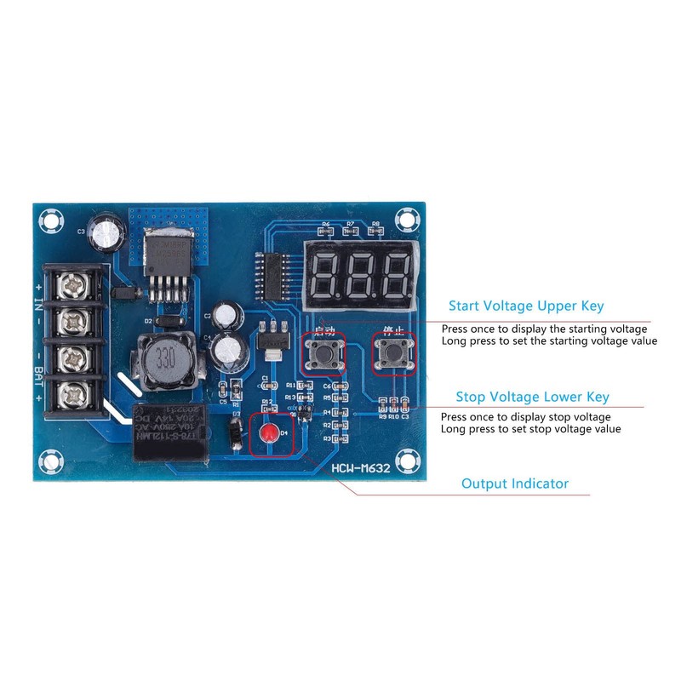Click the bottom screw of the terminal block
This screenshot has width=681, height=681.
(x=72, y=394)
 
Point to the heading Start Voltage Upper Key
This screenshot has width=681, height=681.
(x=531, y=306)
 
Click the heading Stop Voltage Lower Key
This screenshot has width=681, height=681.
(x=532, y=397)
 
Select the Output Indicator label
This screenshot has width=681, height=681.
(x=514, y=484)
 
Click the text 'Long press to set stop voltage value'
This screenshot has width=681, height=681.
(x=530, y=429)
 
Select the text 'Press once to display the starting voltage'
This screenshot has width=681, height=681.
(x=544, y=328)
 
